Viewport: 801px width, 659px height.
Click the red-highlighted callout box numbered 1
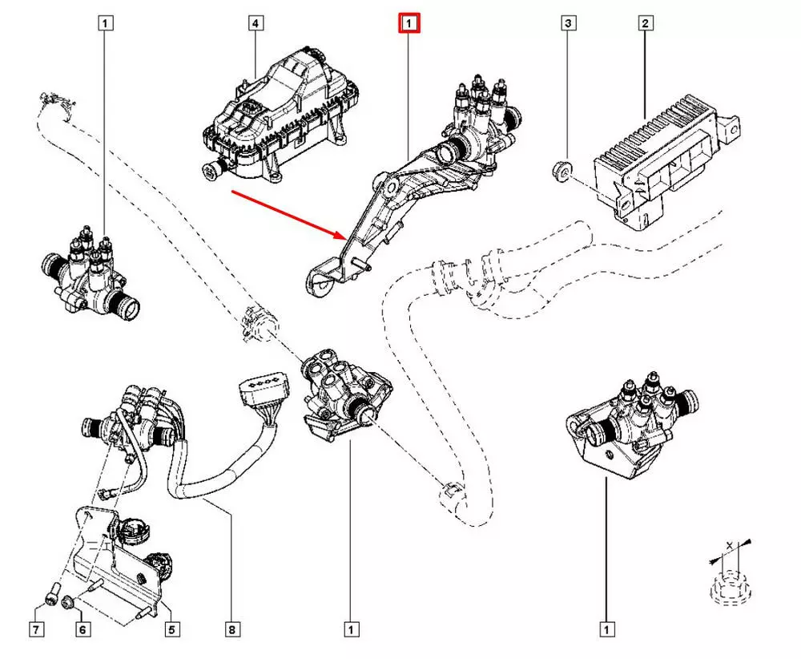[409, 24]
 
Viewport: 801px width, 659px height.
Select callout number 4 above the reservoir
[255, 24]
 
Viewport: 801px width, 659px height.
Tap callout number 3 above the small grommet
[567, 24]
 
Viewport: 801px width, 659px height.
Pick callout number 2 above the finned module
[643, 24]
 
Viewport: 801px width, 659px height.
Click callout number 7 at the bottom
[37, 630]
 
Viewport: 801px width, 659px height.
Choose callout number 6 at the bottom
[82, 630]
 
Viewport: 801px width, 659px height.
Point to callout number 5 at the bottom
[171, 630]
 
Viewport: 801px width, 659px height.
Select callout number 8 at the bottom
[232, 630]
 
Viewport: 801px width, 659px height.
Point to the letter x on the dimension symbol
[728, 544]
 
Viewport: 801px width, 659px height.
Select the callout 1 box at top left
[106, 24]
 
